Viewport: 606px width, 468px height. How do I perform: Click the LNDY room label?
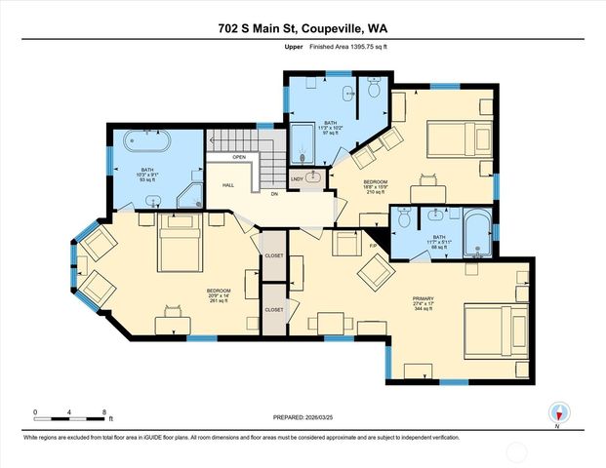[297, 178]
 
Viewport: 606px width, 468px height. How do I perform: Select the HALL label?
[228, 183]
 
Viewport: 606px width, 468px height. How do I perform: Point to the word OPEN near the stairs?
[239, 157]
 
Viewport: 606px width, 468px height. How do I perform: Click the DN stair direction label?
[275, 193]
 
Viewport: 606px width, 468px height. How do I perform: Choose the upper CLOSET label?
[274, 255]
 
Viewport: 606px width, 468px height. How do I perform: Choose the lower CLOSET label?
[274, 309]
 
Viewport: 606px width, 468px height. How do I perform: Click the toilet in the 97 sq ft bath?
[373, 89]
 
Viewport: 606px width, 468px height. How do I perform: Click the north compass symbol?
[557, 412]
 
